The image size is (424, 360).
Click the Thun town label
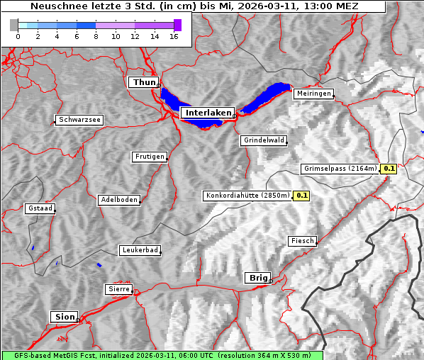point(144,83)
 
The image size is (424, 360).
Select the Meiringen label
point(313,94)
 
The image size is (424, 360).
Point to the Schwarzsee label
point(79,120)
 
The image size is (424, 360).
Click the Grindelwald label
point(264,140)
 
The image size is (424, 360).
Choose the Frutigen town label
point(150,157)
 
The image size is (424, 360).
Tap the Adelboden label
point(119,200)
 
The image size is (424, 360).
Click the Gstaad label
point(40,208)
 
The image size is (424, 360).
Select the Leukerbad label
point(140,250)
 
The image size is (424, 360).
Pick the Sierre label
point(118,289)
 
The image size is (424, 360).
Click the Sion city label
point(63,317)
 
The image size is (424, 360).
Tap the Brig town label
point(257,278)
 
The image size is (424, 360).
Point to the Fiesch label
point(302,241)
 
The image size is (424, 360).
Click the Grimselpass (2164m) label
point(340,169)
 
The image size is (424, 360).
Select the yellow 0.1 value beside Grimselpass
point(389,169)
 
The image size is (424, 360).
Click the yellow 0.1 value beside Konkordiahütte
point(302,195)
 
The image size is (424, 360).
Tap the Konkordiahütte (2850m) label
point(247,195)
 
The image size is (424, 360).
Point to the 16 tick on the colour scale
point(174,36)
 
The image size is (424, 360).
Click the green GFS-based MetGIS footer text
point(162,355)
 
